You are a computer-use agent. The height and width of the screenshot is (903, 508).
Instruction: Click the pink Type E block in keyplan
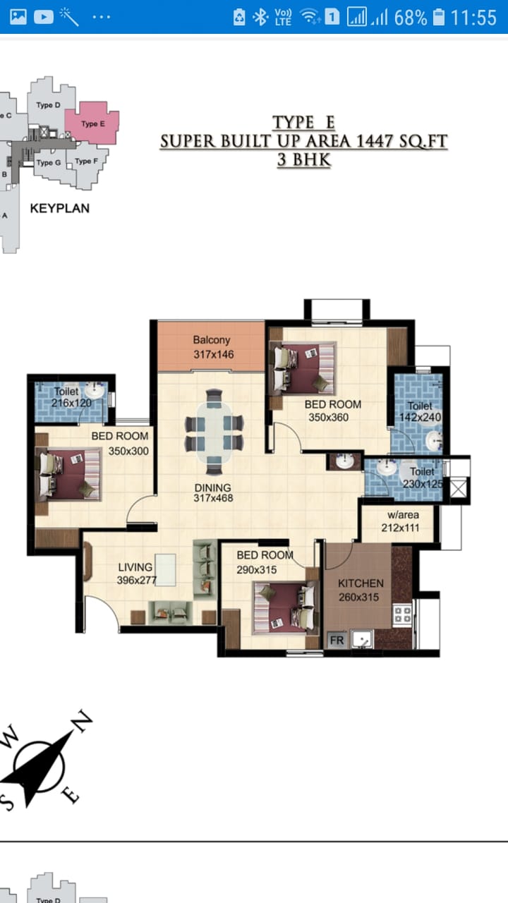(92, 123)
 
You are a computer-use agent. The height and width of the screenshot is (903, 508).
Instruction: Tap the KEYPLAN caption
(60, 208)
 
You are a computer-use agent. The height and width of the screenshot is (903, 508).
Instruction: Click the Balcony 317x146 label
(213, 347)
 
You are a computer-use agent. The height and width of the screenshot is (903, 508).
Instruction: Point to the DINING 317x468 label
(213, 492)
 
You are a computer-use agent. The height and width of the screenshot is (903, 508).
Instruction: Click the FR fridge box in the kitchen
(337, 640)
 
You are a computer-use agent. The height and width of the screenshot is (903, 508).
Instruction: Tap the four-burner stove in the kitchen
(402, 614)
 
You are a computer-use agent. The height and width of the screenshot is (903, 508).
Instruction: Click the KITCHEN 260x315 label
(361, 590)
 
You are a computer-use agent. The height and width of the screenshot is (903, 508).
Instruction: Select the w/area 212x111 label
(401, 521)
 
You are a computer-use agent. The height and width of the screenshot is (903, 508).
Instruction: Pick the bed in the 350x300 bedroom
(68, 475)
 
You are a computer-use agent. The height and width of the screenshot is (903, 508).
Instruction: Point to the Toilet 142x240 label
(420, 411)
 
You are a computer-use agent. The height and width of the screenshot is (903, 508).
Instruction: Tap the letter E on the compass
(71, 794)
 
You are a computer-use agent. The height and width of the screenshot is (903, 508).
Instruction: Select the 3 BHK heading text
(304, 160)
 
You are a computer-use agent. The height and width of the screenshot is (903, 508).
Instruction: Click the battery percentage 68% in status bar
(411, 18)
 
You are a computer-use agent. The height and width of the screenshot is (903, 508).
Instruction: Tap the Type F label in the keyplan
(86, 162)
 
